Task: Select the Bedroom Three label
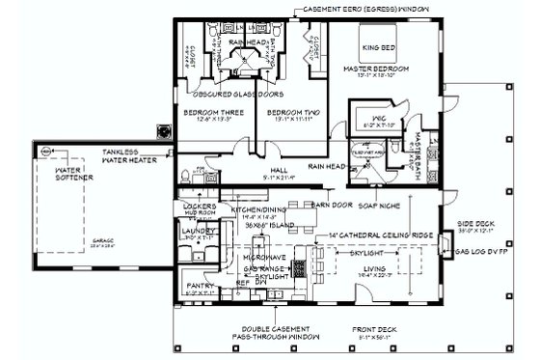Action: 211,112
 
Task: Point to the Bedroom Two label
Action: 286,112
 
